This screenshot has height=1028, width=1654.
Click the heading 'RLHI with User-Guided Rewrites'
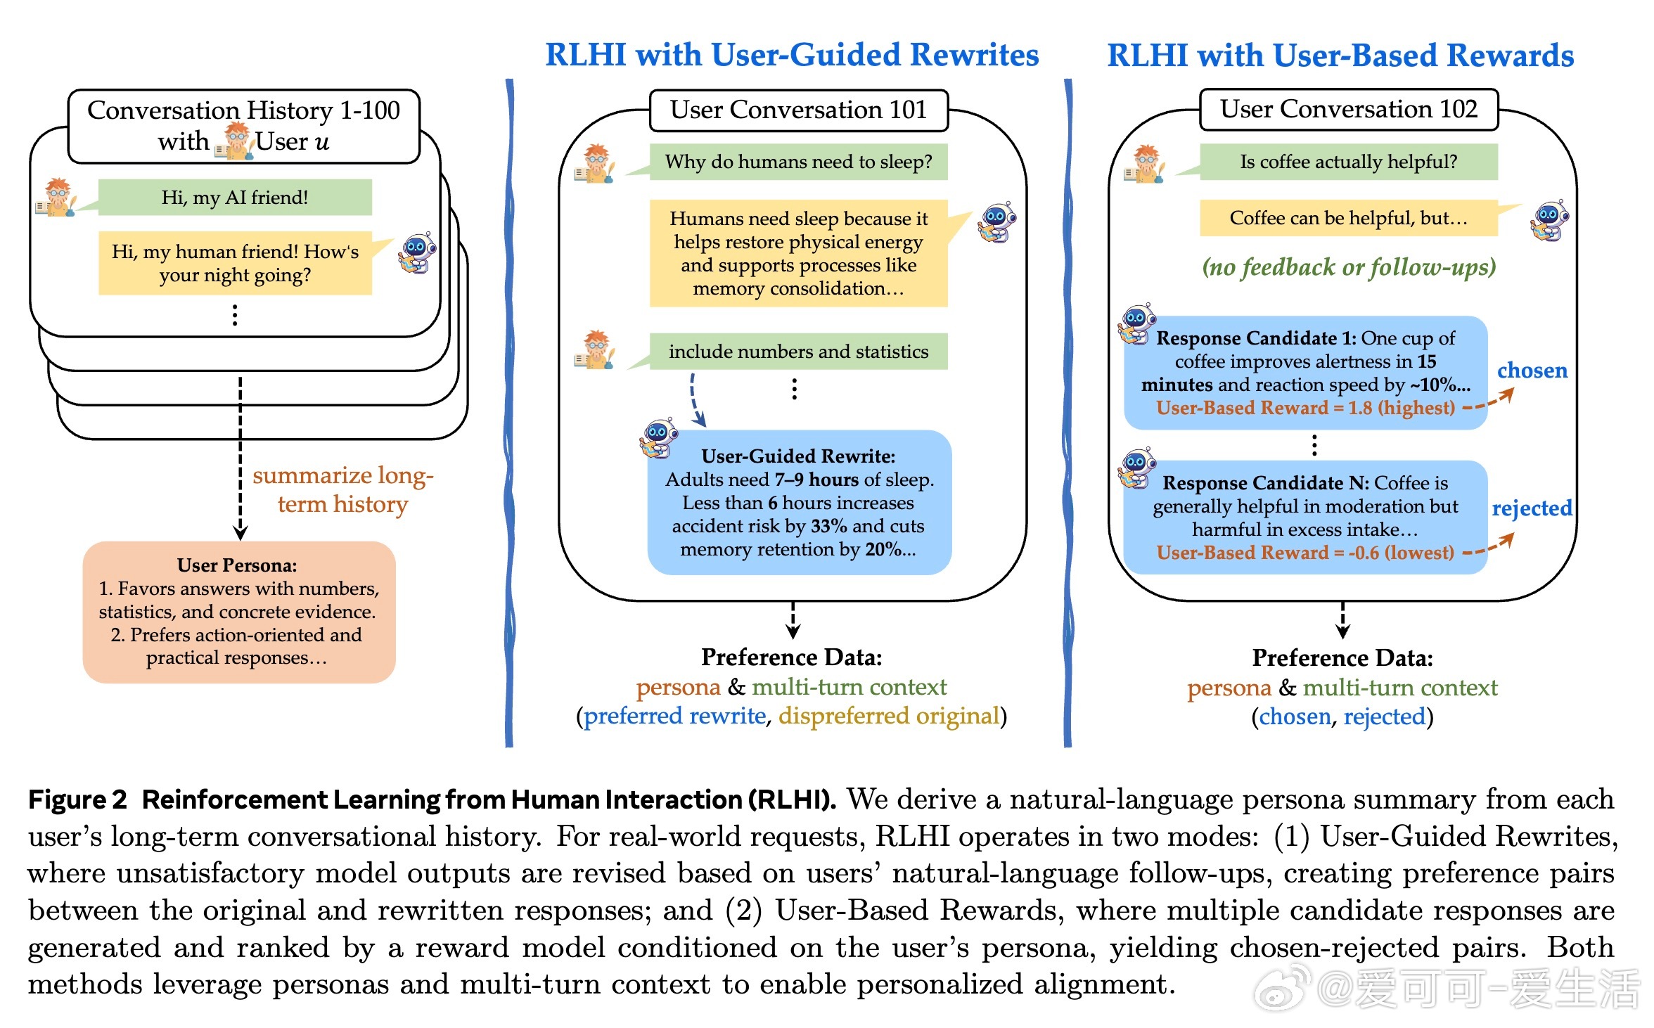click(792, 55)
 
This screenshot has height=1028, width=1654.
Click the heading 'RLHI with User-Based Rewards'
click(1340, 56)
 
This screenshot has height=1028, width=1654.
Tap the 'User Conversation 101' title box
click(798, 110)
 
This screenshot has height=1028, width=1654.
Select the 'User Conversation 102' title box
click(1348, 109)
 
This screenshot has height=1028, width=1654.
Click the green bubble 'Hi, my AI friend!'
click(235, 198)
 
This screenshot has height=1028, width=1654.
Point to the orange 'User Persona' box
click(239, 612)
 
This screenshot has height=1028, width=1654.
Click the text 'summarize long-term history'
click(342, 490)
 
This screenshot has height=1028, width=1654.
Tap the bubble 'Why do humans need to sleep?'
click(798, 162)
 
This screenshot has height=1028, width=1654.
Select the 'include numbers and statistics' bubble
click(798, 352)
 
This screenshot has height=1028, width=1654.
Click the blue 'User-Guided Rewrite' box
click(799, 502)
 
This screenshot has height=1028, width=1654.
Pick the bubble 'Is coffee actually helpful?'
click(1348, 162)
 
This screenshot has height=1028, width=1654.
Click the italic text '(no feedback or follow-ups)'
click(1348, 267)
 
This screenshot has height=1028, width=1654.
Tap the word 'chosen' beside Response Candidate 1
click(1532, 371)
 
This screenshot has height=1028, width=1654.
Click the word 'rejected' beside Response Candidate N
click(1532, 508)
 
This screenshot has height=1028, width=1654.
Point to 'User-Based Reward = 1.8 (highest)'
click(1305, 408)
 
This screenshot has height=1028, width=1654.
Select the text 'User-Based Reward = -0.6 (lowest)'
click(1305, 553)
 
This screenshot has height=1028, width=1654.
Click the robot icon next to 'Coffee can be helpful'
click(1549, 219)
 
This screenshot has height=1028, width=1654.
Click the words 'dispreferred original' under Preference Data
click(888, 716)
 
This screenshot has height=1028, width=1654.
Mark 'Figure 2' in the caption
click(77, 800)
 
